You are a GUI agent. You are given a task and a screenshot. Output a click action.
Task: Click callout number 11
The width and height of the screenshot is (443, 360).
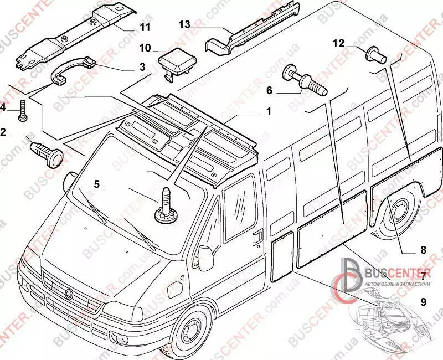(145, 26)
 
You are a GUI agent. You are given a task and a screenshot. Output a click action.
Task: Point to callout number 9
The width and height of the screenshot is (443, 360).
(423, 302)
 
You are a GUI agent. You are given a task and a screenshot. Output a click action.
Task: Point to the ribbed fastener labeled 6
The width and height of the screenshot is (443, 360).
(303, 81)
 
